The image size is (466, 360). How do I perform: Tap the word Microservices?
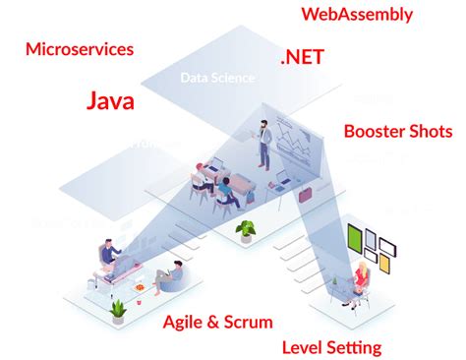pyautogui.click(x=81, y=49)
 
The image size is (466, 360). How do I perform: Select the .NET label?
pyautogui.click(x=301, y=58)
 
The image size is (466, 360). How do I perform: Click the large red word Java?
pyautogui.click(x=110, y=100)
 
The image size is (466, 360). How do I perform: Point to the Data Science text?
pyautogui.click(x=217, y=78)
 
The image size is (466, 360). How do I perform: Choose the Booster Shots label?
pyautogui.click(x=398, y=131)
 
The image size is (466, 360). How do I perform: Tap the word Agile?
pyautogui.click(x=185, y=322)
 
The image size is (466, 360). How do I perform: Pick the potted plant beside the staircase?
pyautogui.click(x=245, y=231)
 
